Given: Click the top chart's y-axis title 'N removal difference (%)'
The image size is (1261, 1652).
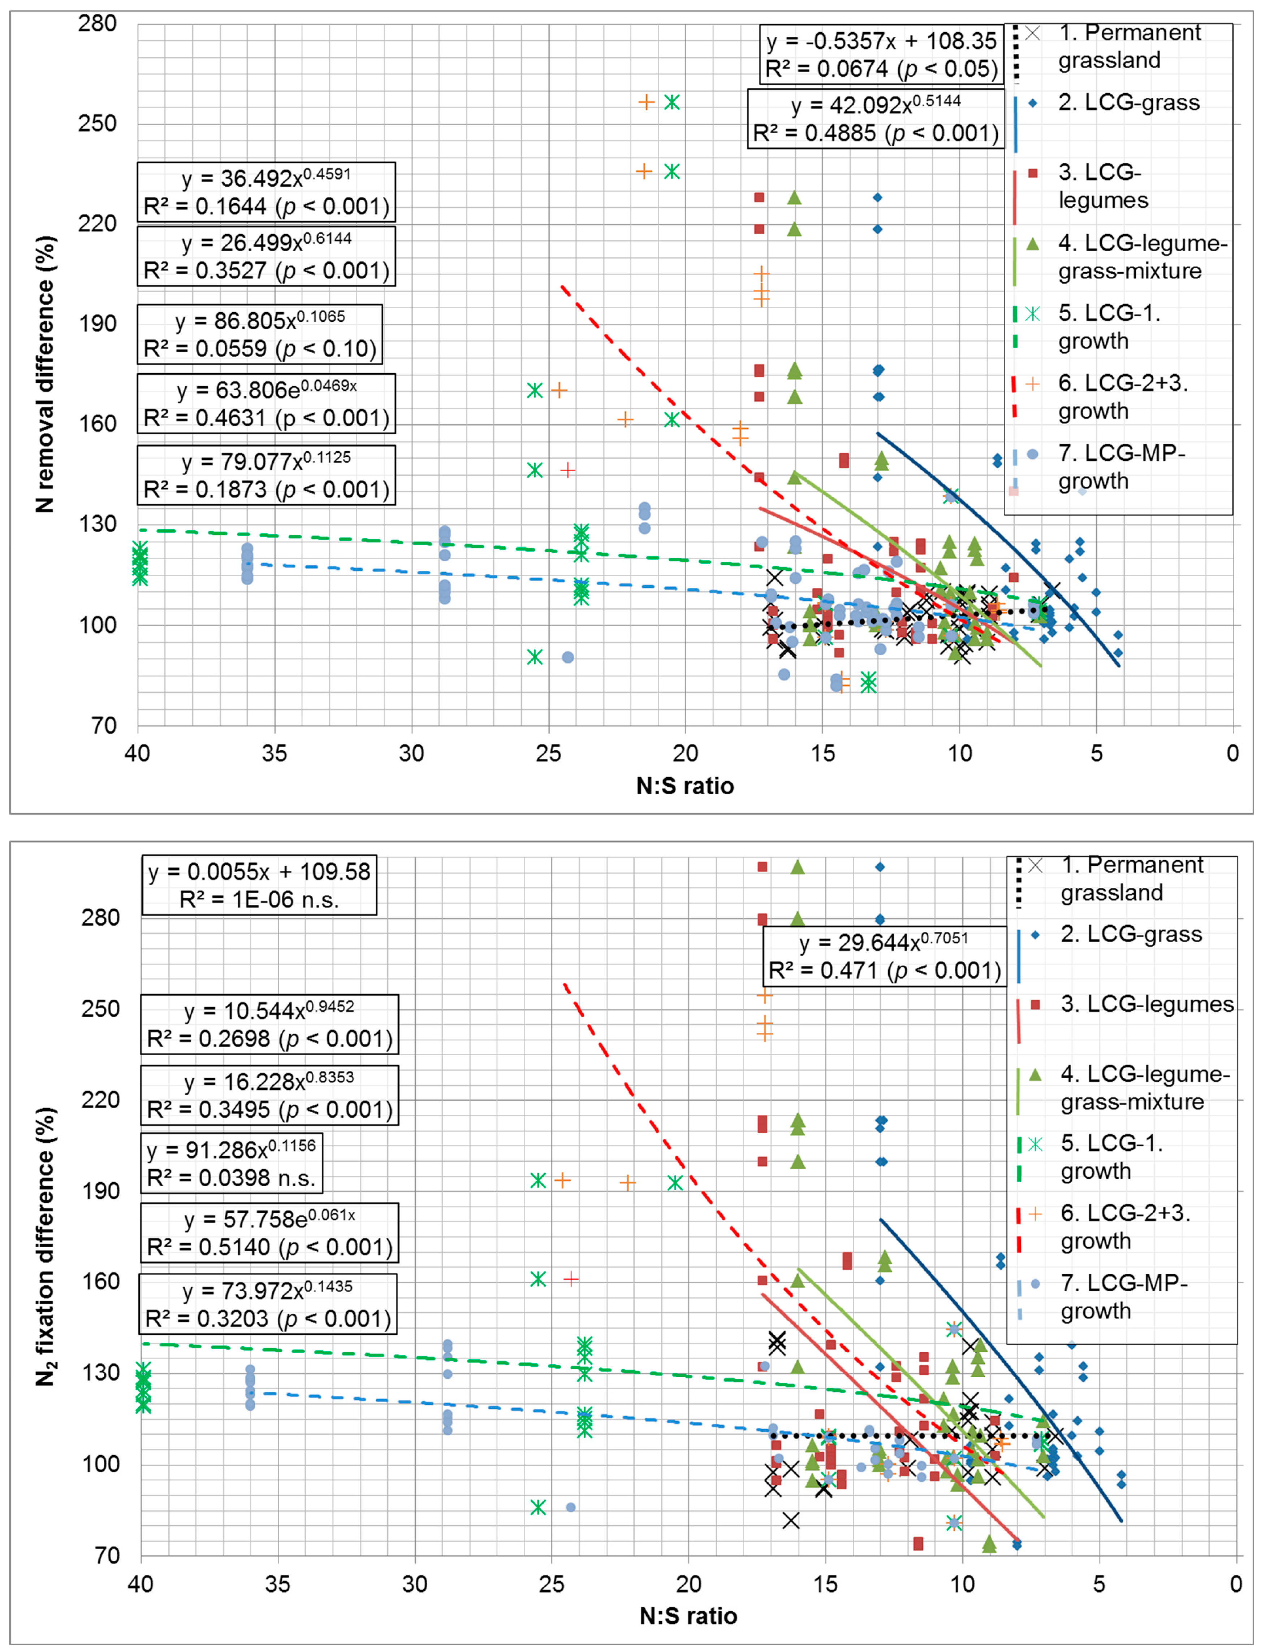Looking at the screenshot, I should pyautogui.click(x=45, y=375).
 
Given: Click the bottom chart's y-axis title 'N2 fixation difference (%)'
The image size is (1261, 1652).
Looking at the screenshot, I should pyautogui.click(x=47, y=1245).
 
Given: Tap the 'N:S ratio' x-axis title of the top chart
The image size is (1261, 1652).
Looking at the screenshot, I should pyautogui.click(x=685, y=786).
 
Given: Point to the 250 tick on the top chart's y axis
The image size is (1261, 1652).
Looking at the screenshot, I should pyautogui.click(x=98, y=123).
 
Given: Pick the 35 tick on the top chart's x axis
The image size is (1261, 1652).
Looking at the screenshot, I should pyautogui.click(x=275, y=752).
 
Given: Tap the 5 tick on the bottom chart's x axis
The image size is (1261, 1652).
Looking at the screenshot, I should pyautogui.click(x=1099, y=1584).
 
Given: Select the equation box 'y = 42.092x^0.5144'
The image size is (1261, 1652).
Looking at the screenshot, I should pyautogui.click(x=875, y=118).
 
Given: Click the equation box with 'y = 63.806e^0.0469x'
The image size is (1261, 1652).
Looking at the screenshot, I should pyautogui.click(x=266, y=404).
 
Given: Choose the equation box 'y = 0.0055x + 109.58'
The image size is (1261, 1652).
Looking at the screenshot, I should pyautogui.click(x=259, y=885).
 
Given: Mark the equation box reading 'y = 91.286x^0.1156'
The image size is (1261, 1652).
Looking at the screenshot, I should pyautogui.click(x=232, y=1163).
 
